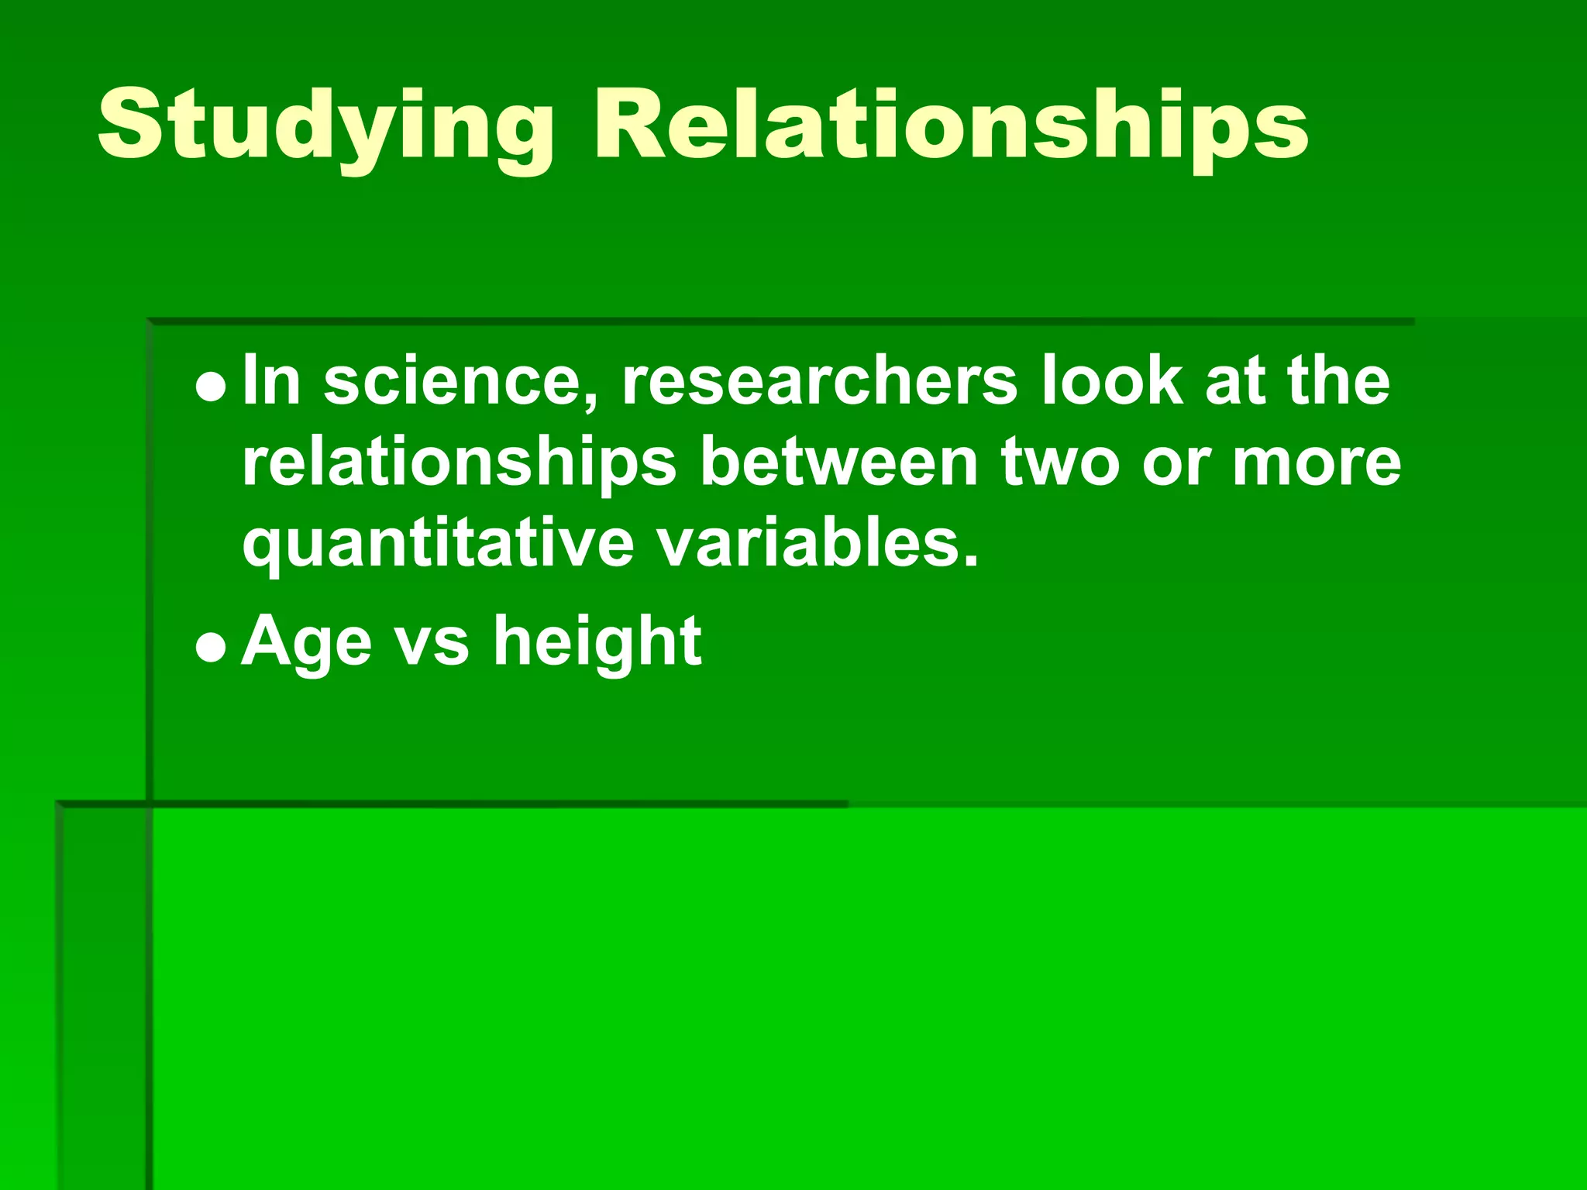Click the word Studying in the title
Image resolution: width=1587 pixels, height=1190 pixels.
tap(325, 128)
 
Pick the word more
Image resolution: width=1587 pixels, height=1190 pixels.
tap(1317, 463)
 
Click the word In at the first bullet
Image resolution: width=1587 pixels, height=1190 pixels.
tap(271, 381)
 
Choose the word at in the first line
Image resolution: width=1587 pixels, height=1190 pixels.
tap(1235, 381)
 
